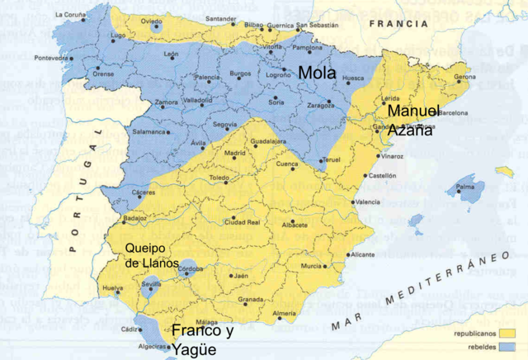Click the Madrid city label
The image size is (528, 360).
pyautogui.click(x=236, y=154)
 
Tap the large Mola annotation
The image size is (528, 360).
pyautogui.click(x=317, y=73)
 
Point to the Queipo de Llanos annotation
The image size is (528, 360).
pyautogui.click(x=151, y=255)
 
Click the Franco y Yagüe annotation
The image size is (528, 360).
pyautogui.click(x=202, y=340)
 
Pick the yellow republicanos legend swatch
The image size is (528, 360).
pyautogui.click(x=505, y=335)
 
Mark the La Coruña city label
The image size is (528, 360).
pyautogui.click(x=70, y=15)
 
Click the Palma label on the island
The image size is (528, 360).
pyautogui.click(x=467, y=187)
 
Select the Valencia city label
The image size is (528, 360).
pyautogui.click(x=367, y=202)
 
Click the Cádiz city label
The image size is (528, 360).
pyautogui.click(x=130, y=329)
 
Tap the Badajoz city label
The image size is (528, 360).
pyautogui.click(x=135, y=219)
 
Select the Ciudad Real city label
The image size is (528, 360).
pyautogui.click(x=243, y=222)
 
